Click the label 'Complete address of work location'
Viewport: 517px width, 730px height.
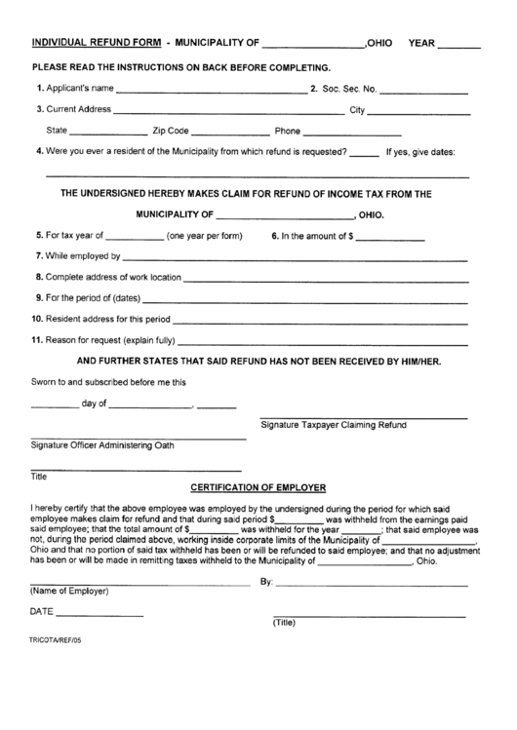click(107, 278)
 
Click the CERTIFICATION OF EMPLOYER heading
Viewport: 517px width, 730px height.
click(258, 486)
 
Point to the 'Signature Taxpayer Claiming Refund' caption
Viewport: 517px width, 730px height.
click(334, 425)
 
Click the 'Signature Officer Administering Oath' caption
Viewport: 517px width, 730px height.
click(102, 445)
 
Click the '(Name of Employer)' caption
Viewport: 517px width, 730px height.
click(69, 592)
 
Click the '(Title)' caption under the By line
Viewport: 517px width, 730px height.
click(284, 624)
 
